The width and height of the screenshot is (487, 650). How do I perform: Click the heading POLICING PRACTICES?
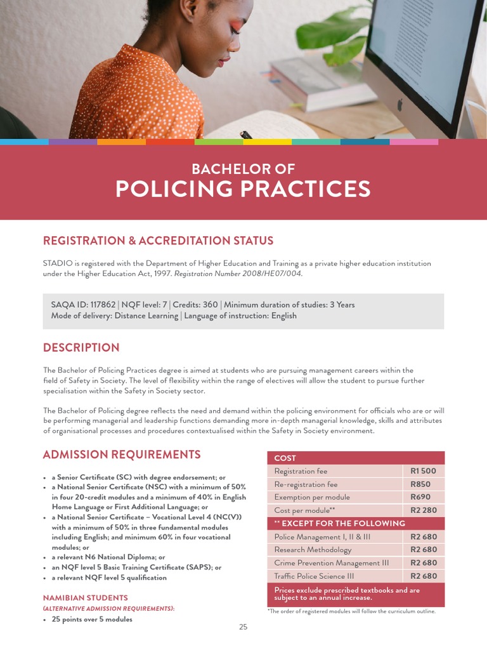pyautogui.click(x=243, y=189)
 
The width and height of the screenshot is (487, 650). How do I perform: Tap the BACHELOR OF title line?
pyautogui.click(x=243, y=169)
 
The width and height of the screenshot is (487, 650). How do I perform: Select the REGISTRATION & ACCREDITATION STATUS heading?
pyautogui.click(x=158, y=241)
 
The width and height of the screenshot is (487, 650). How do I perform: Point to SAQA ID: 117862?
pyautogui.click(x=82, y=305)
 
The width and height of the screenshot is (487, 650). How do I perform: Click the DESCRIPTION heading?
pyautogui.click(x=81, y=348)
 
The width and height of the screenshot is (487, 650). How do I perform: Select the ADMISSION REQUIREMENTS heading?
pyautogui.click(x=121, y=454)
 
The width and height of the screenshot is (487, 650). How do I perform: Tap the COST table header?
pyautogui.click(x=285, y=458)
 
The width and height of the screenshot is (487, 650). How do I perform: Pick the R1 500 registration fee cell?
pyautogui.click(x=423, y=471)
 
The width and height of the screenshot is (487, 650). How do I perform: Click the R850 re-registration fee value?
pyautogui.click(x=420, y=484)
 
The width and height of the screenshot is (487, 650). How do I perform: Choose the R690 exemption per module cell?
pyautogui.click(x=420, y=497)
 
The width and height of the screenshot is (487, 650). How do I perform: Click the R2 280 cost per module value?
pyautogui.click(x=423, y=510)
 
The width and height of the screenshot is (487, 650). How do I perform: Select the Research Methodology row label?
pyautogui.click(x=313, y=550)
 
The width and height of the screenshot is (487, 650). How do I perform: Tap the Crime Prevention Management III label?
pyautogui.click(x=330, y=563)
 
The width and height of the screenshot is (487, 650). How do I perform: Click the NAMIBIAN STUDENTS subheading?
pyautogui.click(x=85, y=598)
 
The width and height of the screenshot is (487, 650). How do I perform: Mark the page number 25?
pyautogui.click(x=243, y=627)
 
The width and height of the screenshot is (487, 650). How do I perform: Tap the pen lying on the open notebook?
pyautogui.click(x=245, y=135)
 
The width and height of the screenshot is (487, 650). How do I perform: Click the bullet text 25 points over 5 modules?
pyautogui.click(x=92, y=619)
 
